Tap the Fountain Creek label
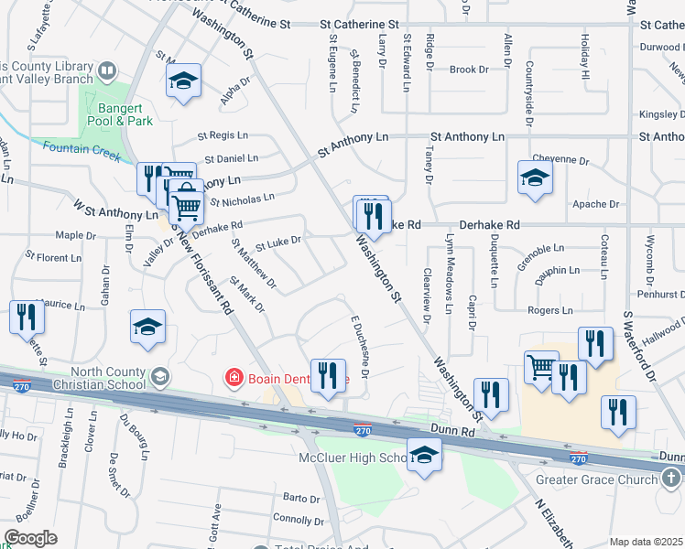click(x=82, y=149)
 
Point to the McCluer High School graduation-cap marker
click(x=424, y=455)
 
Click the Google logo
click(x=30, y=538)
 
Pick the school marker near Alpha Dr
click(x=183, y=81)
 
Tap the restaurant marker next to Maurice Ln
click(x=26, y=318)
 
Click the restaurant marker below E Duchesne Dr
click(x=328, y=377)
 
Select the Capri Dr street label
click(x=473, y=310)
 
